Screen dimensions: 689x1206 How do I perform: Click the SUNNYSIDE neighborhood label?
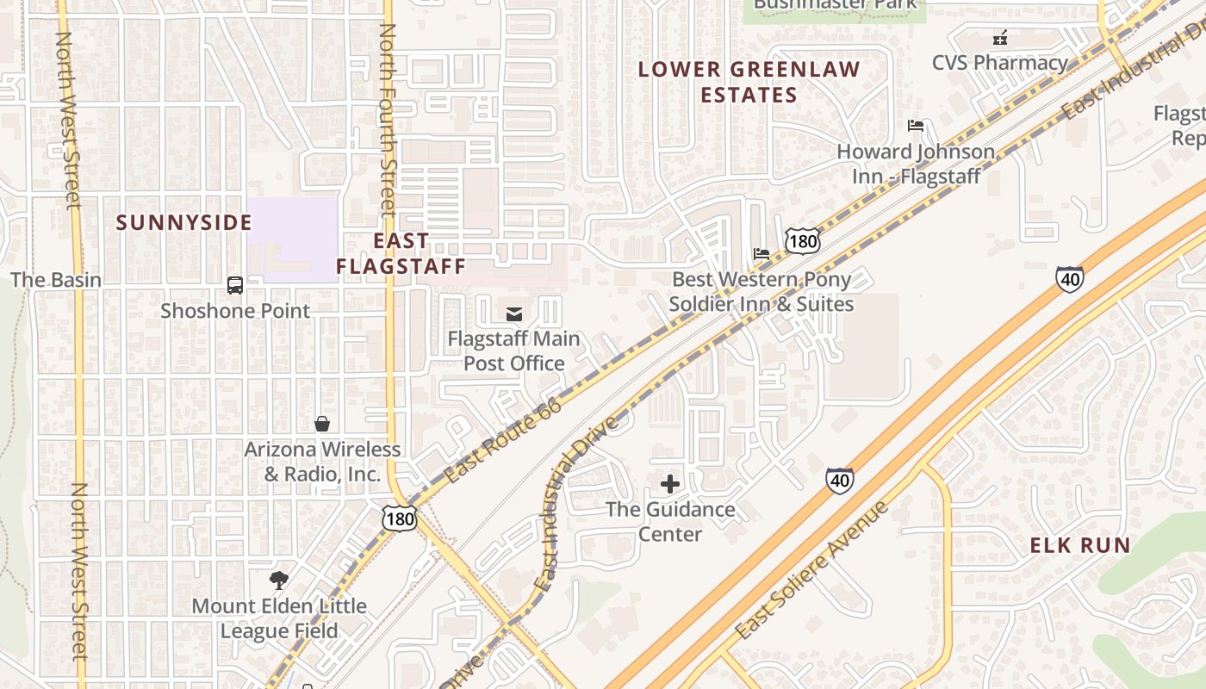click(183, 222)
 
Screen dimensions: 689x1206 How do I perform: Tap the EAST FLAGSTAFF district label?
click(401, 253)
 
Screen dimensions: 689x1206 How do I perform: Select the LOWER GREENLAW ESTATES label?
click(749, 82)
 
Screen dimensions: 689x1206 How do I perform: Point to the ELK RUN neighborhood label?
click(1080, 545)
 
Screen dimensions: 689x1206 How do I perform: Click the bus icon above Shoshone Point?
click(234, 284)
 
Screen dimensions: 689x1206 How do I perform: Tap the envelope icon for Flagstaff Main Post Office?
click(514, 313)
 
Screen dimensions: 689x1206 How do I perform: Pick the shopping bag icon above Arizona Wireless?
click(322, 423)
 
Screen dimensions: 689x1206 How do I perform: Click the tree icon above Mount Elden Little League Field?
click(278, 580)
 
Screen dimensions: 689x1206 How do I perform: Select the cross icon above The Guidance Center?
click(669, 484)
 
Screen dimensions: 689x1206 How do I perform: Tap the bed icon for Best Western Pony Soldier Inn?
click(762, 254)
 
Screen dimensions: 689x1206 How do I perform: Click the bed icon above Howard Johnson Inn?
click(916, 126)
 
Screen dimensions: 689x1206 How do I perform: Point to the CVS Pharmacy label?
click(999, 62)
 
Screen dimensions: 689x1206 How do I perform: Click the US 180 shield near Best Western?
click(802, 240)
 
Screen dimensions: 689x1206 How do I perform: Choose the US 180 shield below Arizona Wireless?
click(400, 518)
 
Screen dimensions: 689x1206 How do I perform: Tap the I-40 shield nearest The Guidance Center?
click(840, 480)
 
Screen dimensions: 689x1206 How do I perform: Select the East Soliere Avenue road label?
click(811, 570)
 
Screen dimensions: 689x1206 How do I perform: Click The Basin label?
click(56, 280)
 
